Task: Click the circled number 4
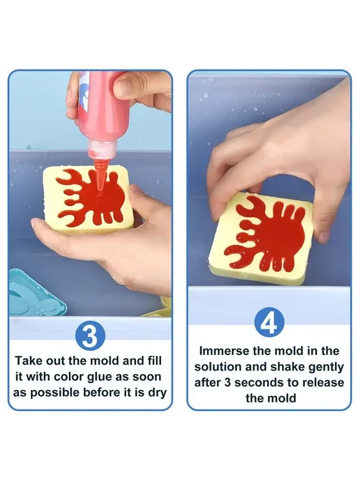pos(269,323)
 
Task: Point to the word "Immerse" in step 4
pos(225,351)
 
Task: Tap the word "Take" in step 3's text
pos(29,361)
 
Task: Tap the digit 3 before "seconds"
pos(227,382)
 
